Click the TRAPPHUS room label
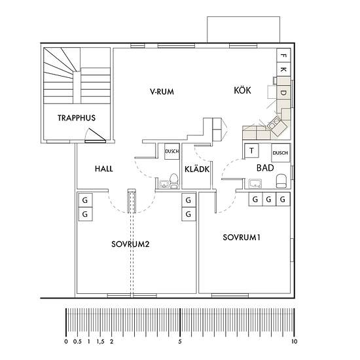point(77,118)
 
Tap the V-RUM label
point(162,92)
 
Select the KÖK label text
point(242,90)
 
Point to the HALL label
point(104,169)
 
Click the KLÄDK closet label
point(197,169)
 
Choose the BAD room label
point(265,168)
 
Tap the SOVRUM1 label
point(242,238)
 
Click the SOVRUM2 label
point(130,244)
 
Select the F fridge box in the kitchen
point(283,56)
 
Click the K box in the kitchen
point(283,69)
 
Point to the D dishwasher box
point(283,92)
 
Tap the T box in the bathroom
point(251,151)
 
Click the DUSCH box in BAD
point(281,153)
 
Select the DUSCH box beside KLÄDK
point(172,151)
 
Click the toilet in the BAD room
point(281,181)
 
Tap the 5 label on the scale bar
point(180,342)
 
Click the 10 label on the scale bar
point(294,342)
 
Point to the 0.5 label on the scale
point(77,342)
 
